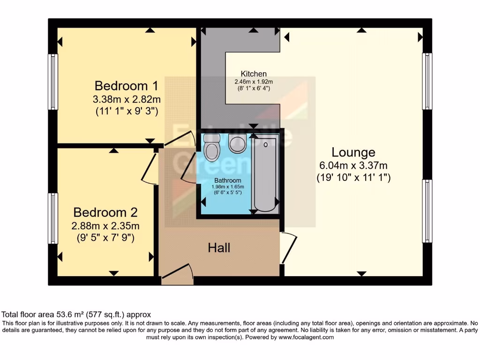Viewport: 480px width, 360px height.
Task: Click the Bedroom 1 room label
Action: coord(126,86)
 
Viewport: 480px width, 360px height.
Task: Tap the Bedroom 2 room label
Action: coord(105,212)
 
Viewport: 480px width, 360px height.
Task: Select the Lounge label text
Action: coord(353,152)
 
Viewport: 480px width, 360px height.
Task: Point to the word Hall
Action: coord(219,247)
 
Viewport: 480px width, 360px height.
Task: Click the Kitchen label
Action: coord(254,74)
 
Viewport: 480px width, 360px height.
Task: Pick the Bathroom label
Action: coord(228,180)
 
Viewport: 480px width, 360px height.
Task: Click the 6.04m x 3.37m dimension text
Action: coord(353,165)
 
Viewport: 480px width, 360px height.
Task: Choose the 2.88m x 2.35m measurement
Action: coord(105,225)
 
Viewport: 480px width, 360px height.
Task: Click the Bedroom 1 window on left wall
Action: coord(54,82)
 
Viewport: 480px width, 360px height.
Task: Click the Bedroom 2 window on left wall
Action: coord(54,218)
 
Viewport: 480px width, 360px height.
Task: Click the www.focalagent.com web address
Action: coord(306,337)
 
